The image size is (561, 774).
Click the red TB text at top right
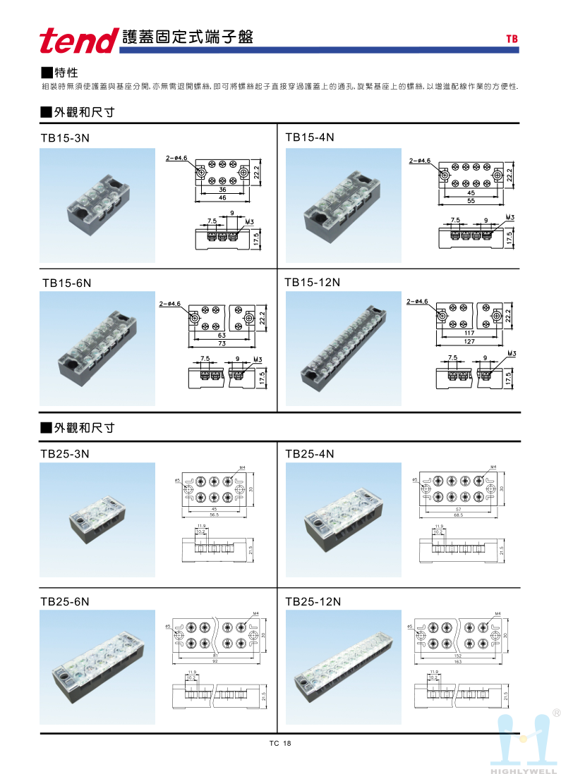[512, 39]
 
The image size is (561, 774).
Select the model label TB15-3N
[66, 139]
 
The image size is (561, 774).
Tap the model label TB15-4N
[309, 137]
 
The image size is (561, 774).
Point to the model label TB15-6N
[67, 283]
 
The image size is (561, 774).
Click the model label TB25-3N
[65, 454]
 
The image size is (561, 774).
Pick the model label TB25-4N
[309, 454]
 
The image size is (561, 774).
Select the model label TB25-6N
[65, 601]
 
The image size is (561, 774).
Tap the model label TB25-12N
[313, 601]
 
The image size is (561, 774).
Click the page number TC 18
[279, 744]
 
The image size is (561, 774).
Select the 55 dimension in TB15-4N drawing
[471, 200]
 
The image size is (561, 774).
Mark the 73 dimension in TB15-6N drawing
[221, 343]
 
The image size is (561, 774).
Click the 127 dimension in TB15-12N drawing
[470, 341]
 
